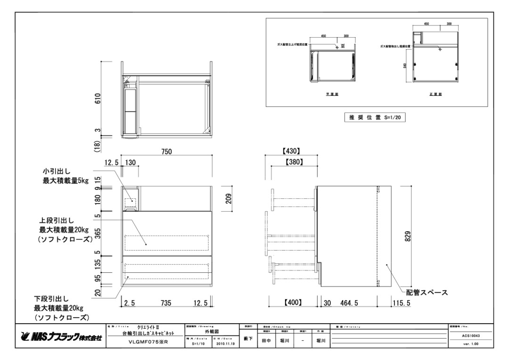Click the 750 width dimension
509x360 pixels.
(166, 151)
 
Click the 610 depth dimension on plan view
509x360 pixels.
(98, 99)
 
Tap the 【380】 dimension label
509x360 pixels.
(294, 162)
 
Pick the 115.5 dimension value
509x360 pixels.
(401, 303)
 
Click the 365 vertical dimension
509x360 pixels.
(97, 234)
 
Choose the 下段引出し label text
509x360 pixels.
(51, 299)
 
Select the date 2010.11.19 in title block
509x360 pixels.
(223, 344)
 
